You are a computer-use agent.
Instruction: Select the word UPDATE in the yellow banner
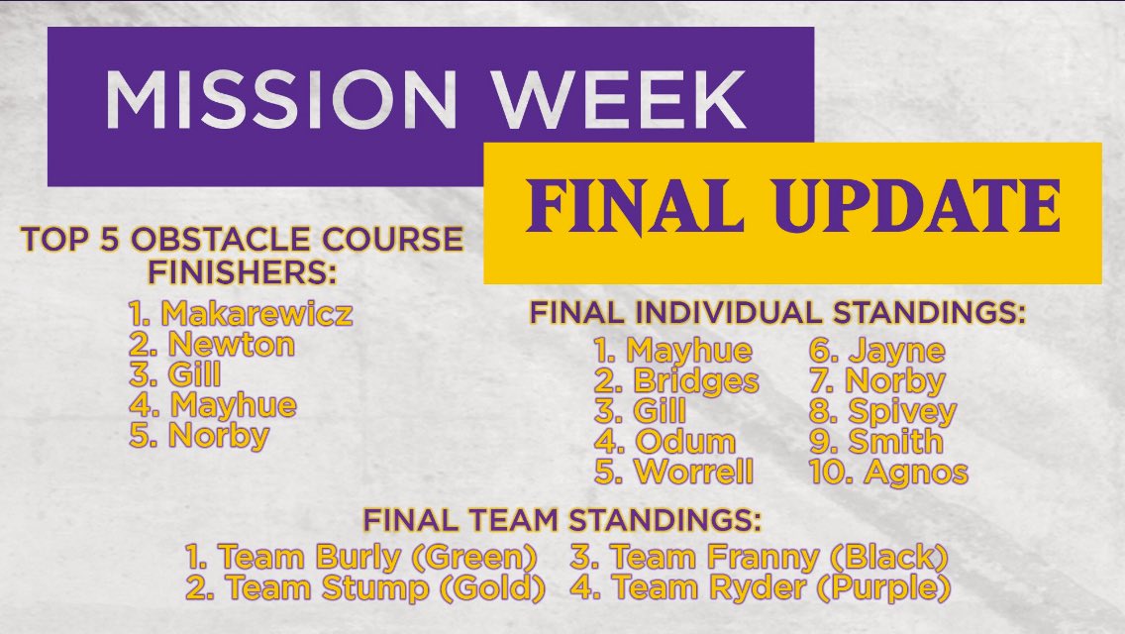click(x=918, y=205)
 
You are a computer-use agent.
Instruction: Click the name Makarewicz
click(x=256, y=314)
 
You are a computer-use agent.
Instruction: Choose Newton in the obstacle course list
click(x=231, y=345)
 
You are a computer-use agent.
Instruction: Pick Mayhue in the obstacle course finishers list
click(x=233, y=406)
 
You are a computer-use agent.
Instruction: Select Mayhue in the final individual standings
click(x=689, y=351)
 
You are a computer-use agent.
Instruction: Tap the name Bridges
click(x=695, y=382)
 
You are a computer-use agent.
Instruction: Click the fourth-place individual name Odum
click(x=685, y=442)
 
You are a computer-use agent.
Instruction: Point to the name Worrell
click(x=694, y=472)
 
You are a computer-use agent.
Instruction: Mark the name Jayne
click(x=897, y=351)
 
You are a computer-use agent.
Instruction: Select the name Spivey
click(x=902, y=412)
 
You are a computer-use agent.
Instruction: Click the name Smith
click(x=895, y=442)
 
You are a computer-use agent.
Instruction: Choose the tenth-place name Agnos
click(x=916, y=473)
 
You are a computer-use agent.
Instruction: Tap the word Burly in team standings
click(x=358, y=557)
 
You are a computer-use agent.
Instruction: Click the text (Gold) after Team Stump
click(x=492, y=588)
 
